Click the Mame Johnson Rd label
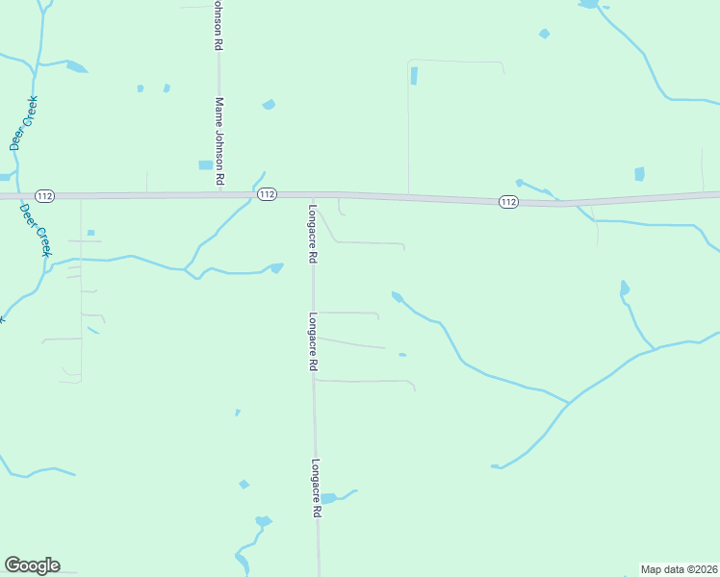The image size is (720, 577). click(219, 140)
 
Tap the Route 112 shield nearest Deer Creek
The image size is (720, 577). click(44, 196)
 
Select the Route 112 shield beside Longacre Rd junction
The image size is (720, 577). click(268, 194)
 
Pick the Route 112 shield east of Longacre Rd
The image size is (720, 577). click(509, 202)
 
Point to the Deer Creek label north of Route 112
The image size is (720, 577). click(15, 123)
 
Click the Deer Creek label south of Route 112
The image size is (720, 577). click(38, 230)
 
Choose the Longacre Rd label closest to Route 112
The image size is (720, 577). click(313, 235)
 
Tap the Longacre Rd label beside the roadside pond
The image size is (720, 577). click(315, 489)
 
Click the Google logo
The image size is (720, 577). click(32, 565)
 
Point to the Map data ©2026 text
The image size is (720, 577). click(679, 568)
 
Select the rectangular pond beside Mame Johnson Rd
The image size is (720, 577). click(205, 165)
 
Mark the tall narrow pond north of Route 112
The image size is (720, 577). click(414, 76)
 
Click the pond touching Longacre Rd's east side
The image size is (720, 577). click(329, 498)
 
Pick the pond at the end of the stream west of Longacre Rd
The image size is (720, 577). click(277, 268)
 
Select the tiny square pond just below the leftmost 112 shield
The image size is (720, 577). click(90, 232)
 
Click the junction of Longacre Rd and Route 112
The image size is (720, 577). click(313, 195)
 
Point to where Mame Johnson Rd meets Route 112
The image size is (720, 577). click(219, 193)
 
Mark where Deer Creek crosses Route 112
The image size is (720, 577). click(20, 196)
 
